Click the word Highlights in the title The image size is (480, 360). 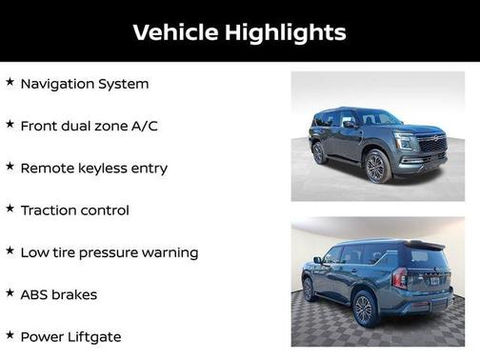[x=285, y=32]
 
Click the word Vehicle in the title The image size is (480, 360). [x=175, y=32]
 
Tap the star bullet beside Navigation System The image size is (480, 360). [x=10, y=83]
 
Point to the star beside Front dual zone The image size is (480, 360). [x=10, y=125]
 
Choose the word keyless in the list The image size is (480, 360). [x=102, y=168]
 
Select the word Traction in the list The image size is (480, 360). [x=49, y=210]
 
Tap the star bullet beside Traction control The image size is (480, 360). [x=10, y=209]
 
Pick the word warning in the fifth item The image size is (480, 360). [x=171, y=252]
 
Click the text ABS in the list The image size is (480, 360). [x=33, y=294]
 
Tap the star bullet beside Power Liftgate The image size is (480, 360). [x=10, y=335]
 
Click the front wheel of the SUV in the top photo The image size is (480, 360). [x=375, y=168]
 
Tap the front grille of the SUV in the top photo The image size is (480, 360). [x=431, y=146]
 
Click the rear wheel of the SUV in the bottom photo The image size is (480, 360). [x=364, y=310]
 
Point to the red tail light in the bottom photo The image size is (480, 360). [x=400, y=278]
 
